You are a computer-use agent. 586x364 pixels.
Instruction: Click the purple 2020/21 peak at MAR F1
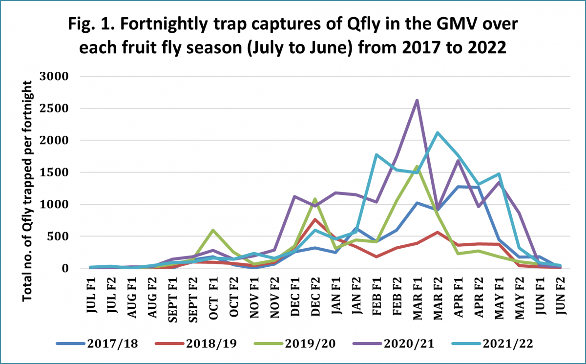(417, 100)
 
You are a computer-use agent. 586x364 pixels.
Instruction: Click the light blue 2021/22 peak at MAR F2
(437, 132)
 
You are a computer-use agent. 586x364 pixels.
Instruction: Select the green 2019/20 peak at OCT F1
(213, 230)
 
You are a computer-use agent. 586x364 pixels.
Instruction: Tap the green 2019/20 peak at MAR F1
(417, 167)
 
